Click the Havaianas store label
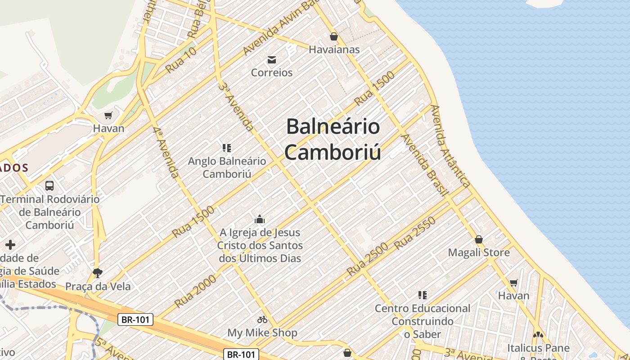point(334,49)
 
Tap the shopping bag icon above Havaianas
point(334,36)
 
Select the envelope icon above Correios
point(272,60)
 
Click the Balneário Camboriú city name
point(333,139)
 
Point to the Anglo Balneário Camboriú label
point(227,167)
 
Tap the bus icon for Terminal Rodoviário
point(49,185)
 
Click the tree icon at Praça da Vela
point(97,273)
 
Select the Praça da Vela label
point(98,287)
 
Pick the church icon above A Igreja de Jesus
point(260,220)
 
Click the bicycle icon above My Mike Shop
point(262,319)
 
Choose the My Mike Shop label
point(262,333)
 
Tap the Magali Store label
point(479,252)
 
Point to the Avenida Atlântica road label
point(450,146)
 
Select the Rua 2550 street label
point(415,233)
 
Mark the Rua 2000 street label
point(195,291)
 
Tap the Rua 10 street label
point(181,60)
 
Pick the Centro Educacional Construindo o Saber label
point(423,321)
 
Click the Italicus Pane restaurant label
point(538,348)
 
